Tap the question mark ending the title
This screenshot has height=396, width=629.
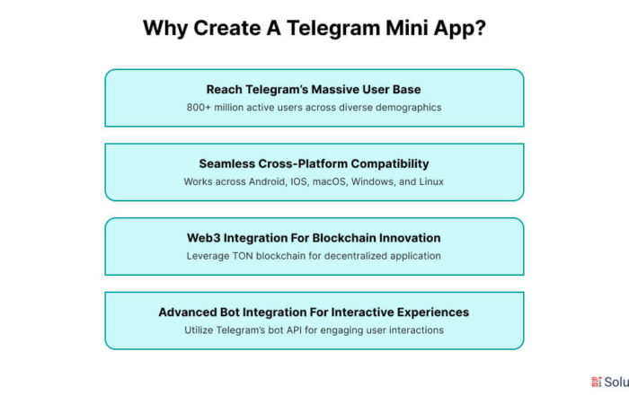480,28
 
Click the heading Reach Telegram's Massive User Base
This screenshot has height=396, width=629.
314,90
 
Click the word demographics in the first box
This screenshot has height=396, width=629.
408,108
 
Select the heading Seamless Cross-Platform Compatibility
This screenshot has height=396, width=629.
314,163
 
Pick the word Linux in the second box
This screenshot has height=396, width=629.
431,181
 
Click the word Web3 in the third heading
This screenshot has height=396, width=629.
203,238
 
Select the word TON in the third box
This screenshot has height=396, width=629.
243,256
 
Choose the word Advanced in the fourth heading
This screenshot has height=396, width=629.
187,312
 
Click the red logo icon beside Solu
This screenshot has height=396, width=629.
596,382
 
